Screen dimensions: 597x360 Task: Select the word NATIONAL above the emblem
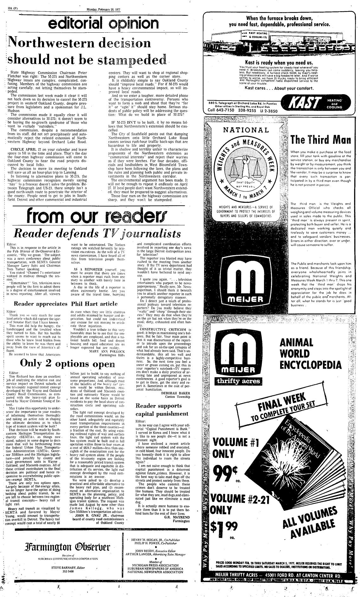[242, 130]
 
